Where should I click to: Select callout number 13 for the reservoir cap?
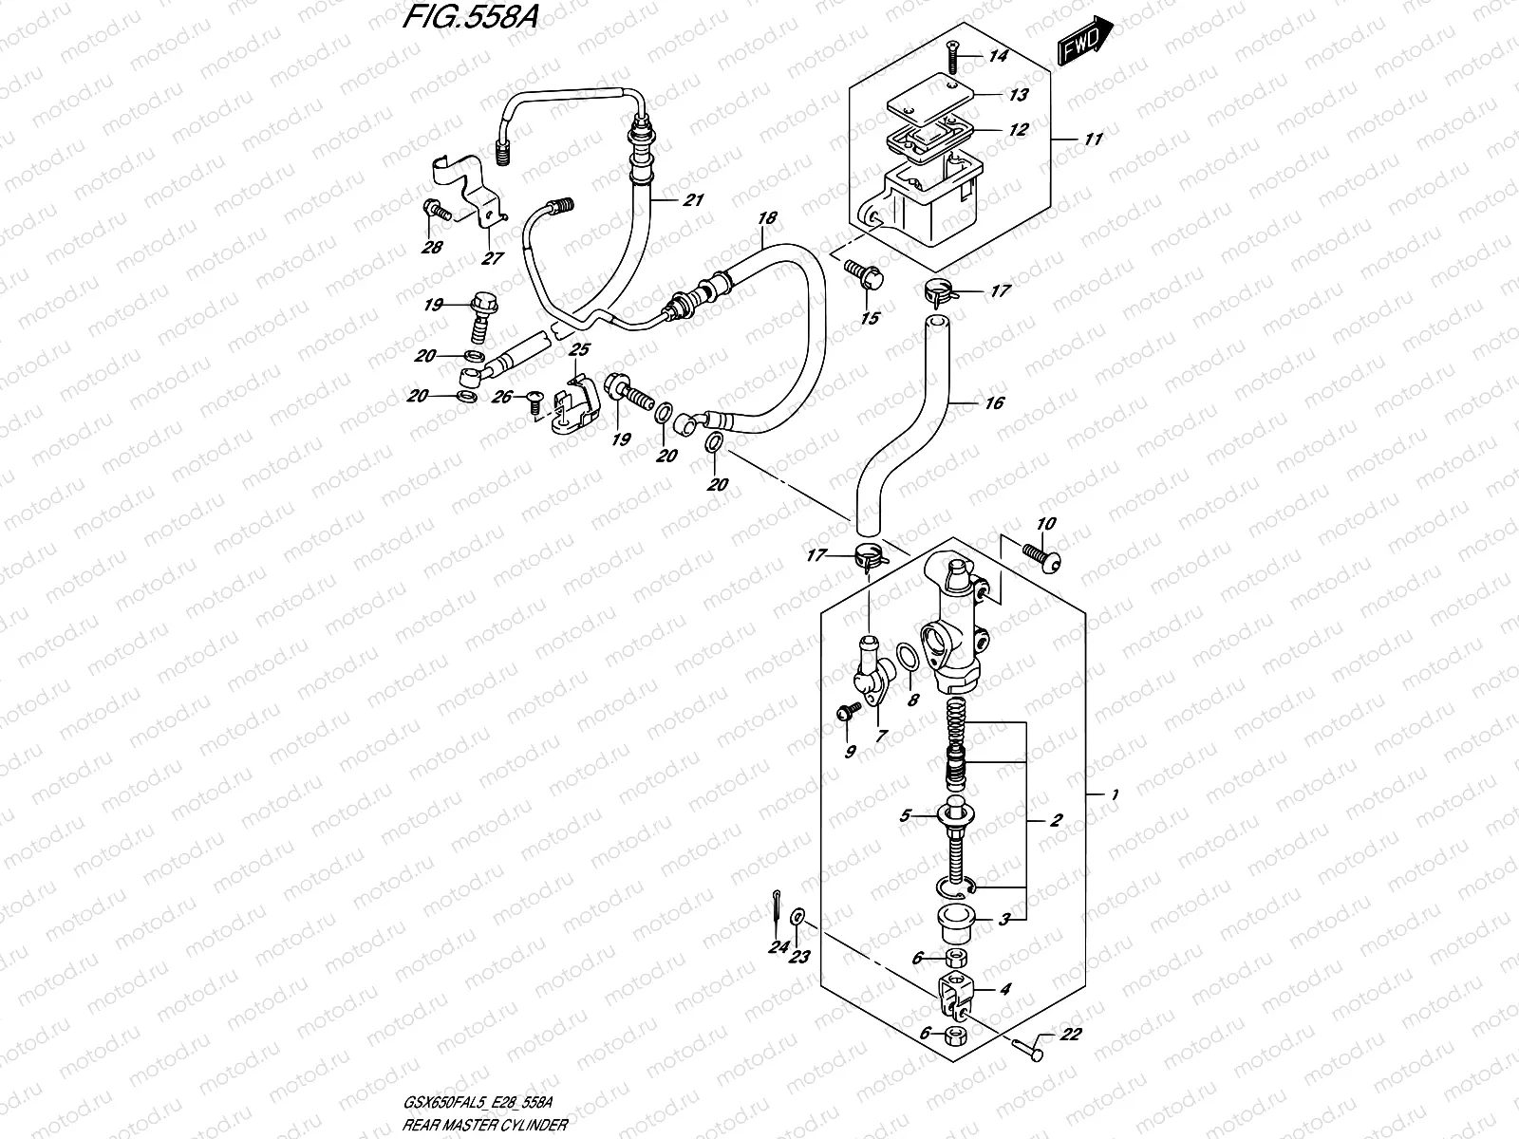pos(1018,95)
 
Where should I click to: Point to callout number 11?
pos(1093,140)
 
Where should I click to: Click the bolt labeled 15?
pos(865,274)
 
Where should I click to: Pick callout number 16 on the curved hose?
pos(994,403)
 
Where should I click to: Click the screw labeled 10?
pos(1039,555)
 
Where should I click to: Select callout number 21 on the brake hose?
pos(693,200)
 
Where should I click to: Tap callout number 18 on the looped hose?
pos(766,218)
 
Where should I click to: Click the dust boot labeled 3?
pos(951,921)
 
